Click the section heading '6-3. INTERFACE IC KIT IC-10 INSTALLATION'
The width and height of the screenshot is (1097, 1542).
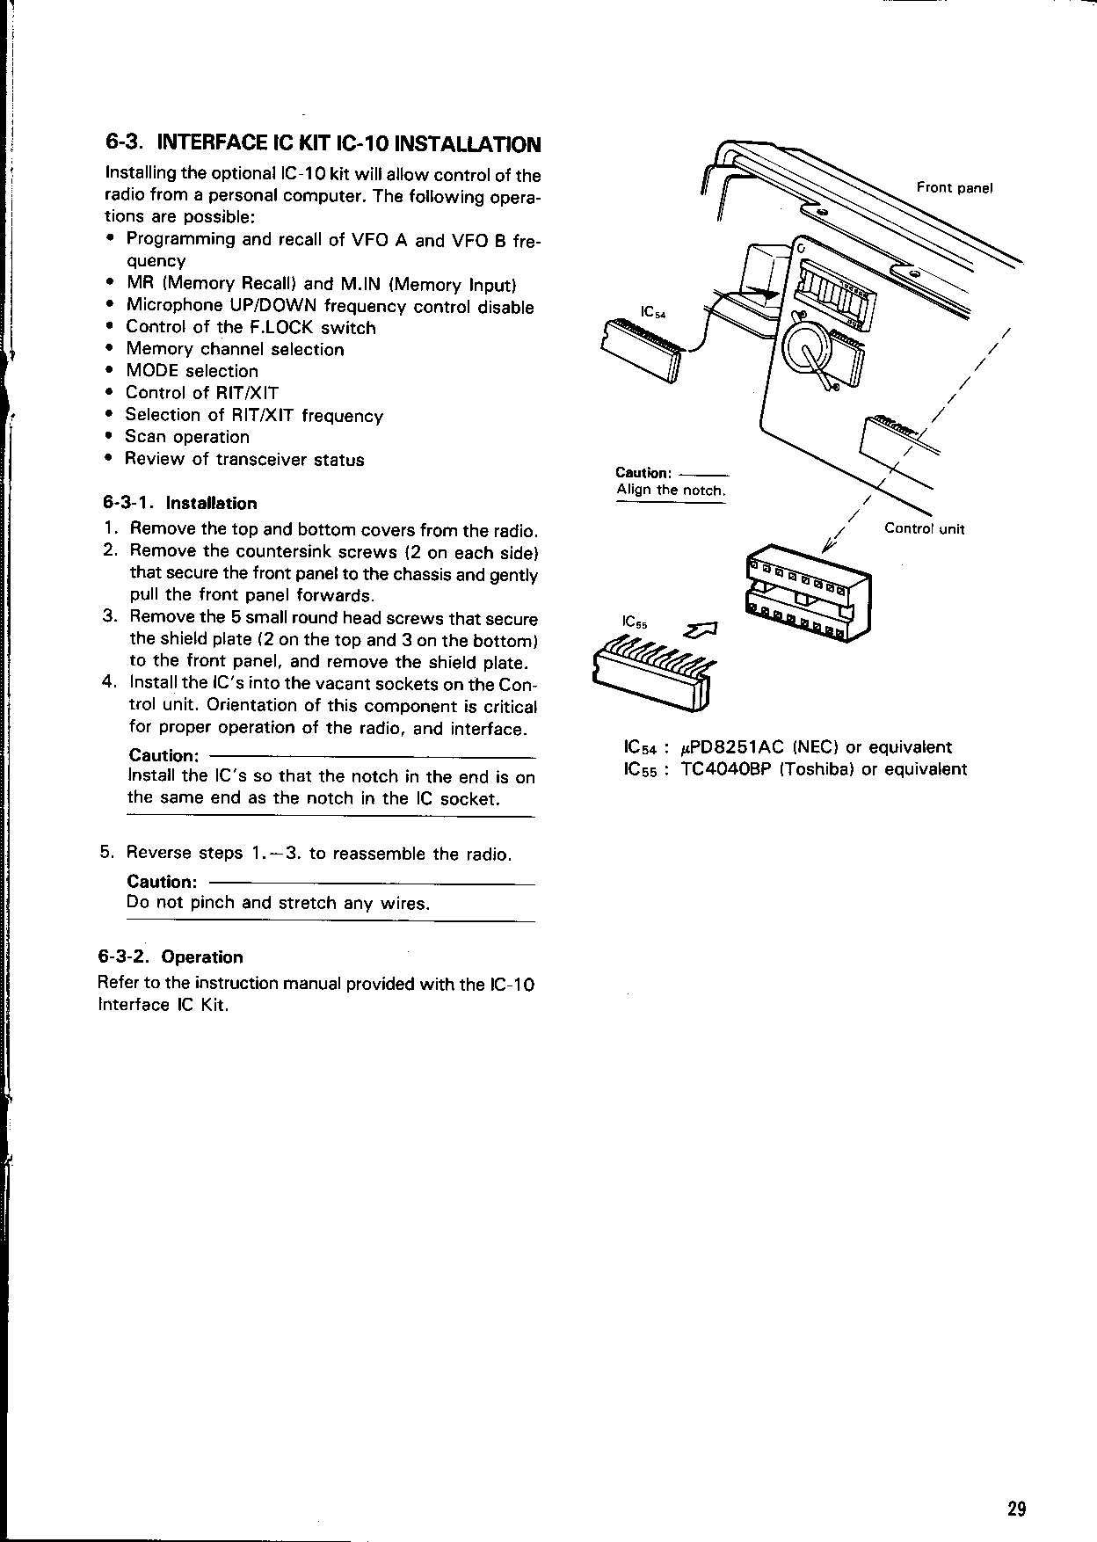[323, 143]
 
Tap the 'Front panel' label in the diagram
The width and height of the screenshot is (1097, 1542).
[955, 187]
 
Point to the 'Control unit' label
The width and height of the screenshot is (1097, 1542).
[925, 528]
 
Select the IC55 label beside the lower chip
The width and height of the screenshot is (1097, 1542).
[635, 622]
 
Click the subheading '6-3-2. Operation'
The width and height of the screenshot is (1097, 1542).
[171, 956]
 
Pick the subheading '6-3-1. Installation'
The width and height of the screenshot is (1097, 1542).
[180, 503]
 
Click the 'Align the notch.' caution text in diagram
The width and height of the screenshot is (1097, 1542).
[671, 491]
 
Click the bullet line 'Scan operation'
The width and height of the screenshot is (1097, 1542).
[187, 437]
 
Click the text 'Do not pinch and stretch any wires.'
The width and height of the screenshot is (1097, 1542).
[279, 903]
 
